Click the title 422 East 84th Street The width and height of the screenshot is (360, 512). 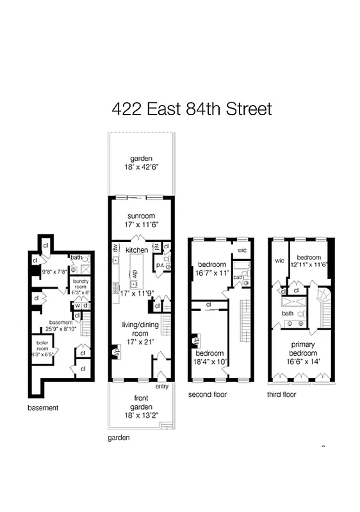click(x=192, y=109)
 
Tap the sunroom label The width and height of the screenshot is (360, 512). click(x=140, y=215)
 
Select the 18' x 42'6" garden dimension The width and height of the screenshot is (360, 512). click(x=140, y=168)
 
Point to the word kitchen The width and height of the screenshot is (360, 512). click(x=136, y=250)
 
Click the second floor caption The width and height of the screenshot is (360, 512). click(x=207, y=394)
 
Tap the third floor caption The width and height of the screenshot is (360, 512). click(x=281, y=394)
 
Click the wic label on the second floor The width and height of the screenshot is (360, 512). click(x=242, y=250)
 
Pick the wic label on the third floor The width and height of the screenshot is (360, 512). click(x=279, y=260)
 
